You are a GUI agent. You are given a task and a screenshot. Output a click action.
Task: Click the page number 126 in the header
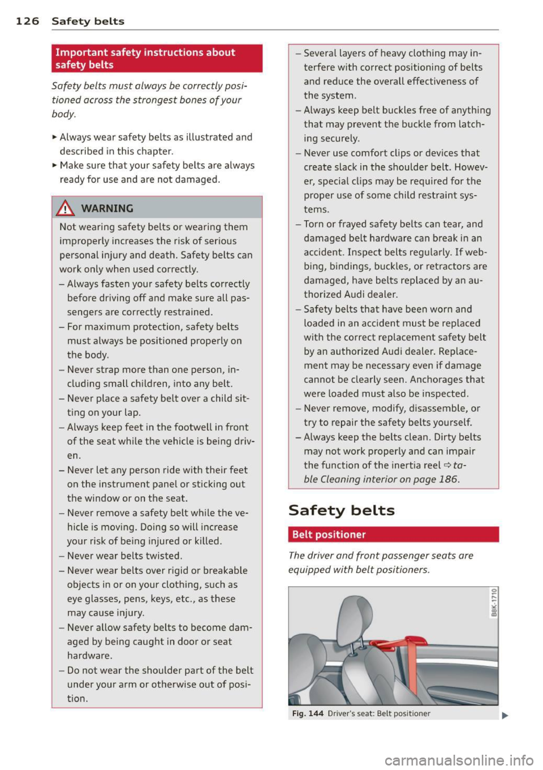pyautogui.click(x=27, y=21)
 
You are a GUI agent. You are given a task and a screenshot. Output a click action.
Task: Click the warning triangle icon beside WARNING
pyautogui.click(x=68, y=209)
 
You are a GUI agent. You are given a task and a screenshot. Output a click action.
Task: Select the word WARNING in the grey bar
pyautogui.click(x=107, y=209)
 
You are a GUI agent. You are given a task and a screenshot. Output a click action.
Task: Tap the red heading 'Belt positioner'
pyautogui.click(x=329, y=535)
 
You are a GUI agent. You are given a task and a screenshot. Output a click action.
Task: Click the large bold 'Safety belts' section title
pyautogui.click(x=342, y=510)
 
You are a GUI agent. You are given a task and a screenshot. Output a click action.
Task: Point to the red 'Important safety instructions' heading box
pyautogui.click(x=157, y=58)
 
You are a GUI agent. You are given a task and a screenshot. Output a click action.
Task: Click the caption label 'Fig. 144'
pyautogui.click(x=308, y=713)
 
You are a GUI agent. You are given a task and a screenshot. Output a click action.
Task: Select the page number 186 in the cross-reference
pyautogui.click(x=447, y=479)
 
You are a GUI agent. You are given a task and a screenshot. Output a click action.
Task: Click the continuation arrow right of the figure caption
pyautogui.click(x=505, y=715)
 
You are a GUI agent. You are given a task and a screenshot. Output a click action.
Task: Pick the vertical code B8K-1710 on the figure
pyautogui.click(x=494, y=603)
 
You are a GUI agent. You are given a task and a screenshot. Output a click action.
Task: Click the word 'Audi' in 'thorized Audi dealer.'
pyautogui.click(x=355, y=294)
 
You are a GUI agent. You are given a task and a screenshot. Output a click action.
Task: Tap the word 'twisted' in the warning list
pyautogui.click(x=163, y=556)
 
